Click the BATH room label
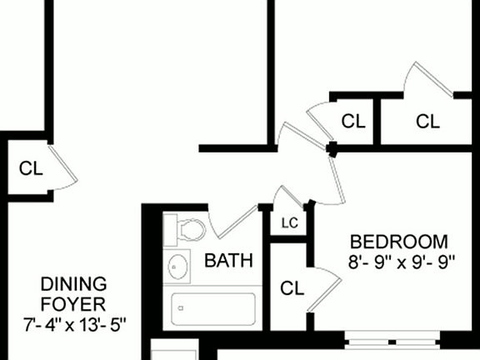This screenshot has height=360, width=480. pos(228,261)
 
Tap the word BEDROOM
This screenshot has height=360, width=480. pos(398,242)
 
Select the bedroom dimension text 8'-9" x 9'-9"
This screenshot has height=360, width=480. pos(402,261)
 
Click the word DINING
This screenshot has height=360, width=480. pos(73,282)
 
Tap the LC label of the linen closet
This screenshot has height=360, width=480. pos(289,223)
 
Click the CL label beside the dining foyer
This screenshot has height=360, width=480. pos(31,168)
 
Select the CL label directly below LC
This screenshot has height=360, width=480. pos(291,289)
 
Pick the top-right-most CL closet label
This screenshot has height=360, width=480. pos(427,122)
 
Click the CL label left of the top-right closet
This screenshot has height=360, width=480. pos(353,122)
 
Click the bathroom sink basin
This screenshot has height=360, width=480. pos(178,267)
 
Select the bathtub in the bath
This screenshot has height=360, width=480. pos(212,309)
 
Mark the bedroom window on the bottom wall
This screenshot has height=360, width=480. pos(392,340)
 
